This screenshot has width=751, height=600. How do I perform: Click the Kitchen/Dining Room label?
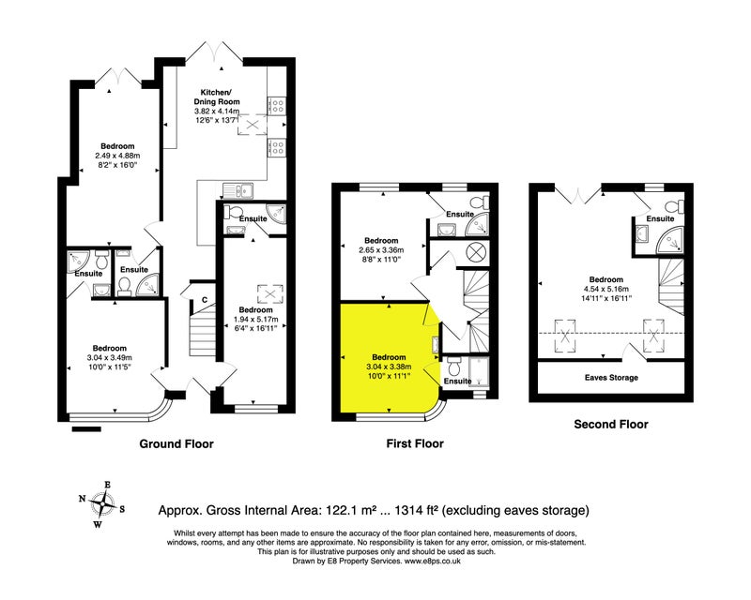[x=217, y=97]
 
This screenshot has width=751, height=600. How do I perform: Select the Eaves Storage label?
[x=611, y=378]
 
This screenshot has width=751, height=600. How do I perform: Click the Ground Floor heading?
[x=176, y=443]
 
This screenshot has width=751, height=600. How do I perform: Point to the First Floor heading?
[x=415, y=443]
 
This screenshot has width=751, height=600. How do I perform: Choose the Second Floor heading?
[x=611, y=424]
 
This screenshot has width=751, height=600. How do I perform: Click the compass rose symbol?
[x=103, y=504]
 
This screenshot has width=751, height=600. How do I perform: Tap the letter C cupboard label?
[x=205, y=300]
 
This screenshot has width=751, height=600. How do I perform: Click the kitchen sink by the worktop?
[x=238, y=190]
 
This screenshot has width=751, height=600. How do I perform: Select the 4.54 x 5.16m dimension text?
[x=605, y=289]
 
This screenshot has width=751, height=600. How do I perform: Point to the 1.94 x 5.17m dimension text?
[x=255, y=319]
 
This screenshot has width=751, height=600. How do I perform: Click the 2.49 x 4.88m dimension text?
[x=117, y=156]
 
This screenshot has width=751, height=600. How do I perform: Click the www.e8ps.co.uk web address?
[x=433, y=561]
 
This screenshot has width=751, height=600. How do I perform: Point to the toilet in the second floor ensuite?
[x=675, y=206]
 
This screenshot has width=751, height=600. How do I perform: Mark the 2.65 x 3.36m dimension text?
[x=381, y=249]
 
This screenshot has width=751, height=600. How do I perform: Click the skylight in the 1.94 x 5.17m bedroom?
[x=270, y=294]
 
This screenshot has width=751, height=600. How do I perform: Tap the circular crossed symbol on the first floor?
[x=477, y=251]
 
